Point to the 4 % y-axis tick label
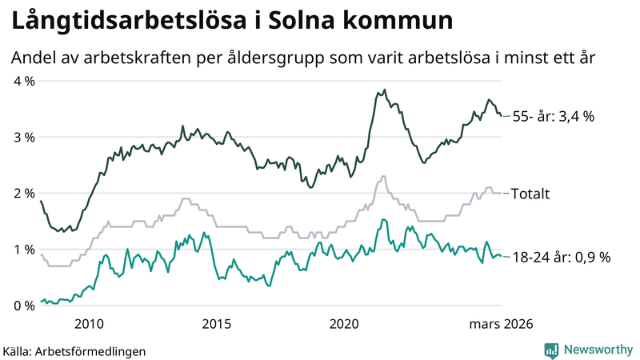24,81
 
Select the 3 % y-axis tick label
24,137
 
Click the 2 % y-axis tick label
24,193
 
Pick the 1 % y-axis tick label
24,250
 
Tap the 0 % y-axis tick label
24,306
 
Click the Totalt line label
531,194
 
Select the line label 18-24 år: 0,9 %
562,257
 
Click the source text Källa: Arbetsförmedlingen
74,350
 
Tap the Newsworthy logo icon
552,350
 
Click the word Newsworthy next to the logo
598,350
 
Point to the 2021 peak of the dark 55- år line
384,90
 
